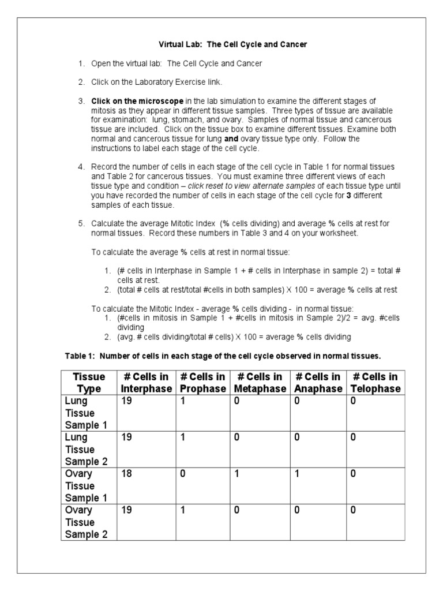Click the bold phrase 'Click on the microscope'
(138, 101)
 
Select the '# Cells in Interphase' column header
(146, 383)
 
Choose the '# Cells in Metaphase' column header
(259, 383)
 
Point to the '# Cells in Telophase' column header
(375, 383)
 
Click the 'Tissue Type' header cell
(89, 383)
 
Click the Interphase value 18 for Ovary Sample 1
(126, 474)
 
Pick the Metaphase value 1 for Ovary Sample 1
(237, 474)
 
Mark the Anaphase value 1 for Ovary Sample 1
(296, 474)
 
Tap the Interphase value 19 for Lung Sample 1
(126, 401)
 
